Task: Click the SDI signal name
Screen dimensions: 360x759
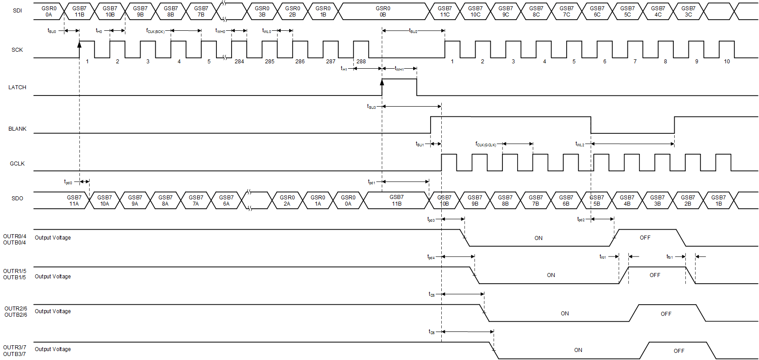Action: [17, 11]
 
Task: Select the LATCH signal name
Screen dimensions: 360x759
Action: [17, 87]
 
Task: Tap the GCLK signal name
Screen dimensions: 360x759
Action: [17, 164]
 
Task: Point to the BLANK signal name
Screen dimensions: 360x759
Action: [17, 129]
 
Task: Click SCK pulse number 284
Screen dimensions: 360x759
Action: [239, 62]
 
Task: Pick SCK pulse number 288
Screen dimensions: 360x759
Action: [361, 62]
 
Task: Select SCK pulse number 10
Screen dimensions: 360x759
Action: [726, 62]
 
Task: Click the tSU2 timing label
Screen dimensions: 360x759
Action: [413, 31]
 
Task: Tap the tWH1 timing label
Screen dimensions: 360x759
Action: [399, 69]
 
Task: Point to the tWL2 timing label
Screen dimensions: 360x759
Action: [580, 144]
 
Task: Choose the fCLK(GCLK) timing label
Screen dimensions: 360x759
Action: [486, 144]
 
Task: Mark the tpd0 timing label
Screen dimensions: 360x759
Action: [68, 182]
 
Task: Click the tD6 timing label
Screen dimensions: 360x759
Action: [431, 332]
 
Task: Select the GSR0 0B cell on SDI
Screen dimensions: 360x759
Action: [383, 12]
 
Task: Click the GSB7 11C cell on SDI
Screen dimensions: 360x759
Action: [444, 12]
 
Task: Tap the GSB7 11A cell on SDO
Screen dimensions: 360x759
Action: [74, 201]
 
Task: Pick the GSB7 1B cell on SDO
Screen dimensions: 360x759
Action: [718, 201]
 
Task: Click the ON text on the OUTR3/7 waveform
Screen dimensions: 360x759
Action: [578, 350]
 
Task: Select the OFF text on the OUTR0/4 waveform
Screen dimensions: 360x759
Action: [645, 238]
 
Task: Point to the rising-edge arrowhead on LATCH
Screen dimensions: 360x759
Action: [382, 82]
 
